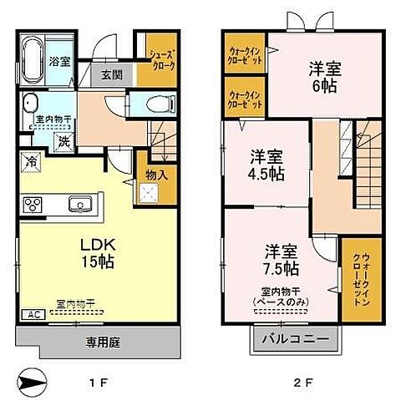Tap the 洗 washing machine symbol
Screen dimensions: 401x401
coord(63,141)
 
